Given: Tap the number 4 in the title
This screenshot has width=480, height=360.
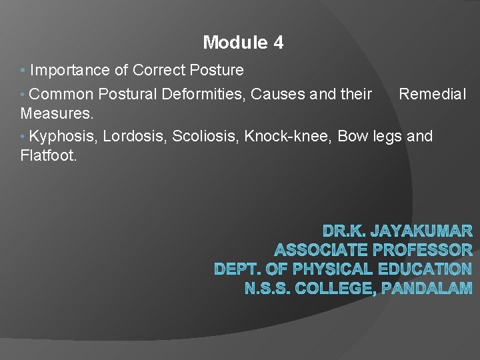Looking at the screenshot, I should pos(278,43).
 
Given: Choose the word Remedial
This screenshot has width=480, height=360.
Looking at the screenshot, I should pos(433,95).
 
